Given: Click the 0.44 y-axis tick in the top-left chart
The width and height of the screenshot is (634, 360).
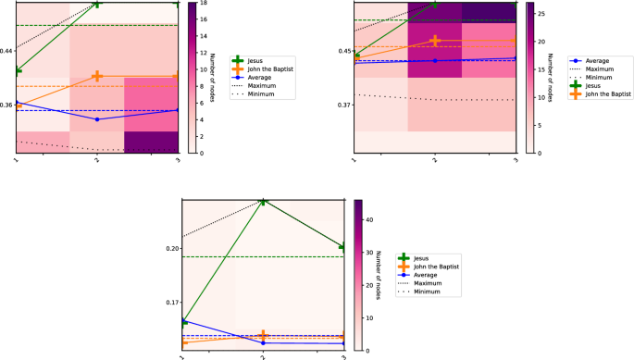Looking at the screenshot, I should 7,50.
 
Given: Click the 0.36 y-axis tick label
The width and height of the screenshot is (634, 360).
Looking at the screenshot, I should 7,105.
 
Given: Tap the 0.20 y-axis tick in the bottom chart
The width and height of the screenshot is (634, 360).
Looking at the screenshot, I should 172,248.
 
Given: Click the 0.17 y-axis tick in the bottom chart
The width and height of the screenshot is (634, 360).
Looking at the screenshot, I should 172,303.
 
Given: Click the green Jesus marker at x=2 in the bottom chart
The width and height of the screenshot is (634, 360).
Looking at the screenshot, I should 264,201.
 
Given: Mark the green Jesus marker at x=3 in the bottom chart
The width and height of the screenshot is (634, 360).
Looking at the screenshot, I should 343,247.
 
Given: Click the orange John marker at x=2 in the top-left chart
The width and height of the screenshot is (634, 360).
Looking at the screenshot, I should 97,76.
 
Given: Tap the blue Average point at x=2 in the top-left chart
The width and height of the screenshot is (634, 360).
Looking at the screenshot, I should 97,119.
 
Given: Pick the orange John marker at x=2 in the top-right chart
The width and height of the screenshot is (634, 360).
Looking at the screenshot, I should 435,41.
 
